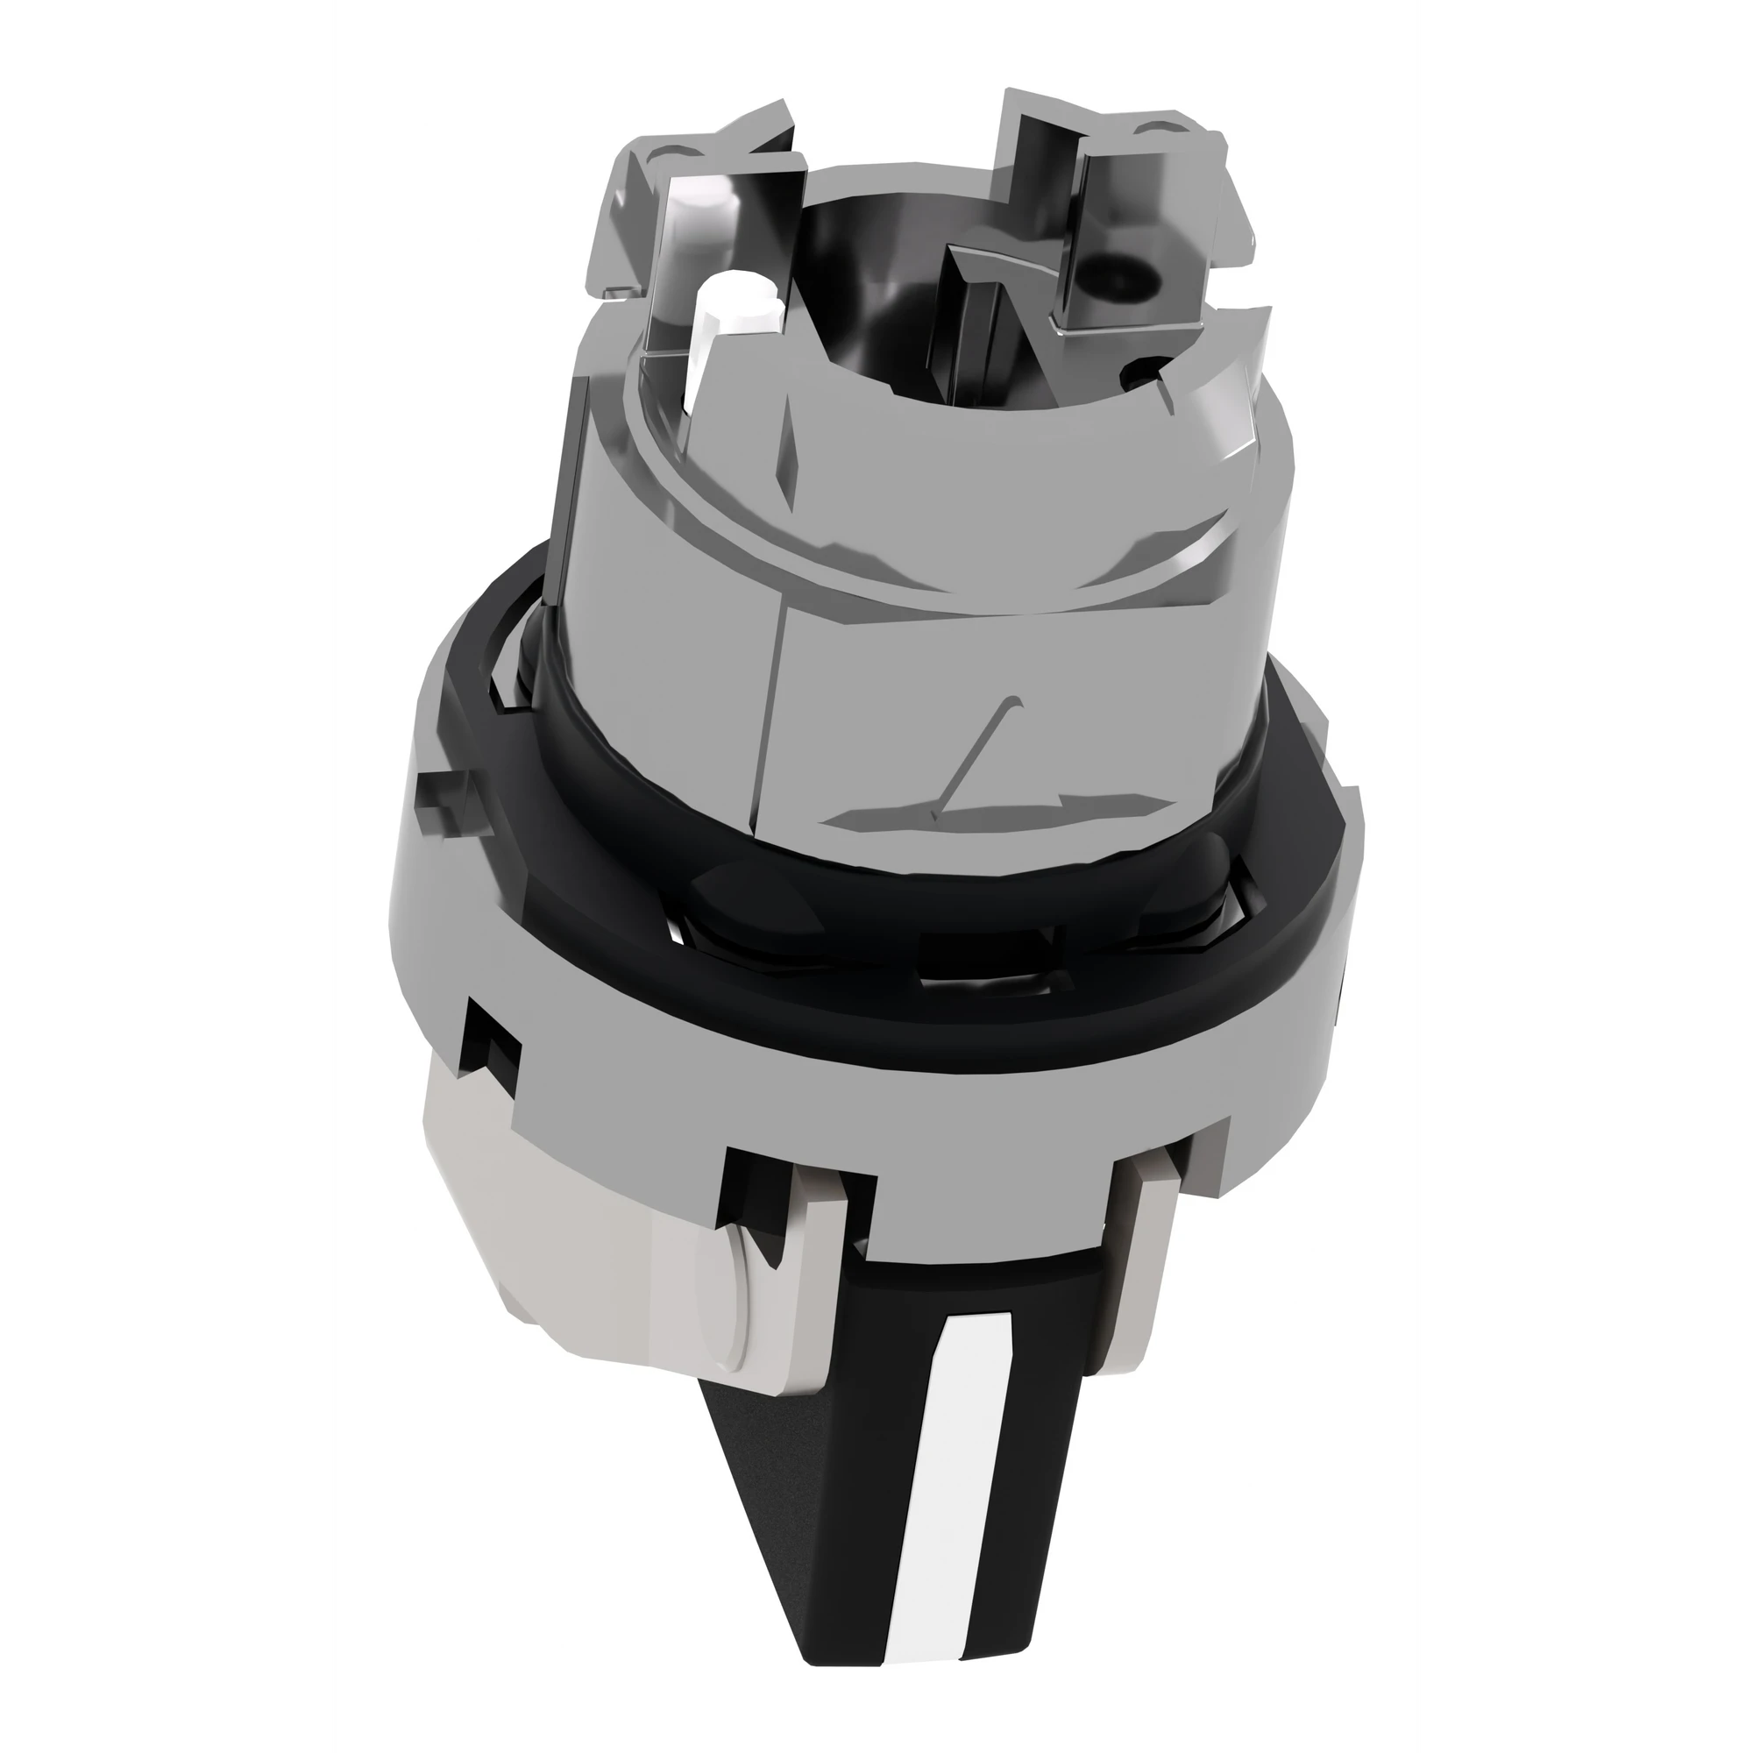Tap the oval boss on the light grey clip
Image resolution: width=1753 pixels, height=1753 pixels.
point(717,1288)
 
